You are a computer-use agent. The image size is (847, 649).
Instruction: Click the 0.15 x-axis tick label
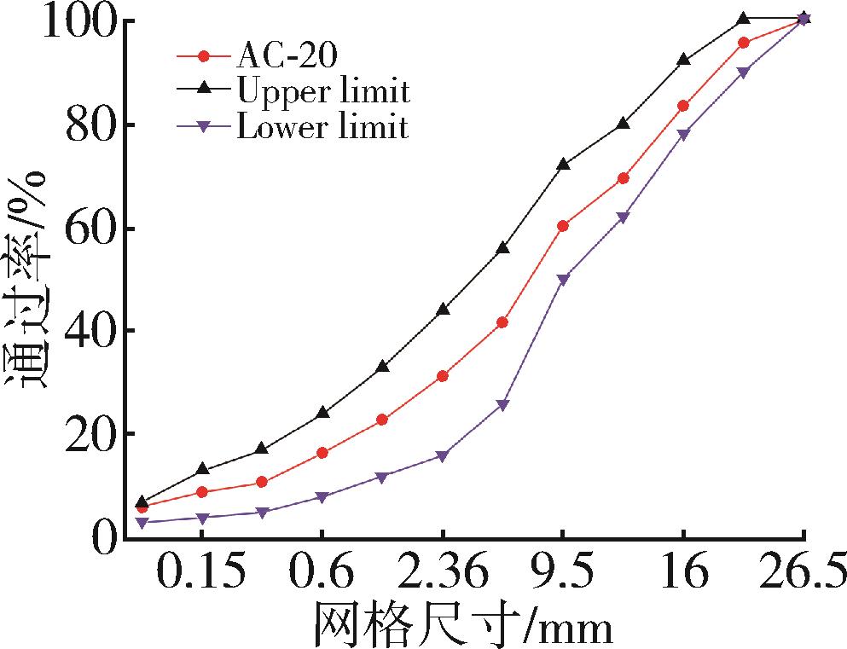pyautogui.click(x=201, y=571)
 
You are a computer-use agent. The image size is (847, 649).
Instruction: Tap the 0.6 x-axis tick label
pyautogui.click(x=322, y=571)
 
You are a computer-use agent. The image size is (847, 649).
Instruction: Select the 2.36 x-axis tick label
pyautogui.click(x=443, y=571)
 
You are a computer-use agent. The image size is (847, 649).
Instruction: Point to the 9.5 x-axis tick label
pyautogui.click(x=563, y=571)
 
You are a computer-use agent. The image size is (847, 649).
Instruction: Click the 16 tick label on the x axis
pyautogui.click(x=683, y=571)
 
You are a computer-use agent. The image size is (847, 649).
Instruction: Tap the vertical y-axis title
pyautogui.click(x=27, y=277)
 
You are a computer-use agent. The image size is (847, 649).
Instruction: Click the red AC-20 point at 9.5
pyautogui.click(x=563, y=226)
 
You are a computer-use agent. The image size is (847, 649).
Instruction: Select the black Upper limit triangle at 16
pyautogui.click(x=683, y=60)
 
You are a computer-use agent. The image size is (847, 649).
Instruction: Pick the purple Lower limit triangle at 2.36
pyautogui.click(x=443, y=456)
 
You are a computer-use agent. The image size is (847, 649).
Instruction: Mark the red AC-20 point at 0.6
pyautogui.click(x=322, y=453)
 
